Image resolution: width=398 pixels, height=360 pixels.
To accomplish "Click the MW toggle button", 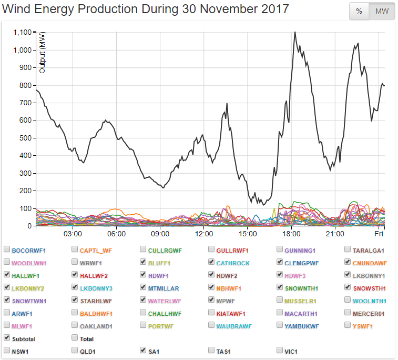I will click(x=382, y=12).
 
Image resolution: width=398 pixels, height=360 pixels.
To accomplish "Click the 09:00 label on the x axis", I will click(x=160, y=234).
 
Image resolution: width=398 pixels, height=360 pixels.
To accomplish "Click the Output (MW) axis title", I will click(x=43, y=52).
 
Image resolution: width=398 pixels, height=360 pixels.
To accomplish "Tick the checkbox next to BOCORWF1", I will click(x=7, y=250).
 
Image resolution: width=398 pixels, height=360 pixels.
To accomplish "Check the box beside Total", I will click(x=75, y=339).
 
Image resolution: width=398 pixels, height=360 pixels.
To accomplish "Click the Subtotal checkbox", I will click(x=7, y=339).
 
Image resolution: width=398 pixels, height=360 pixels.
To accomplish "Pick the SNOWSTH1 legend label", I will click(x=370, y=288).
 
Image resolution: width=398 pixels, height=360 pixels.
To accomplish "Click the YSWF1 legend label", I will click(x=363, y=326).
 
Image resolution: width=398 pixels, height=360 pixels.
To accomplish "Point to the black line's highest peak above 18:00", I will click(x=294, y=32).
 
